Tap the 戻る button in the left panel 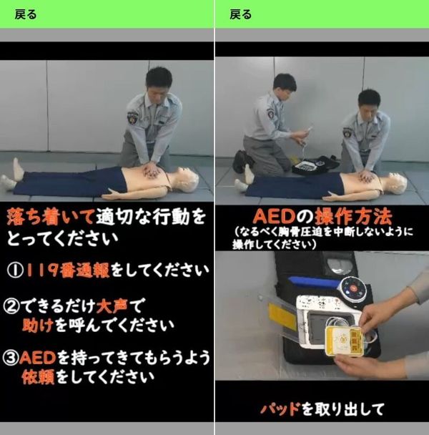tap(25, 14)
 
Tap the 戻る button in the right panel tap(240, 14)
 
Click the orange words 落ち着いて tap(51, 217)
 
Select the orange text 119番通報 tap(68, 270)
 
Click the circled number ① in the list tap(15, 270)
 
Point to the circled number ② tap(11, 306)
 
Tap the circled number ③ tap(11, 358)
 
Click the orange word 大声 tap(112, 306)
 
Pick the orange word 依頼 tap(39, 376)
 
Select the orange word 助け tap(38, 325)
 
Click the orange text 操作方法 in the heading tap(353, 217)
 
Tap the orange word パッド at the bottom tap(280, 409)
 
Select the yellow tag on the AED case tap(282, 316)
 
